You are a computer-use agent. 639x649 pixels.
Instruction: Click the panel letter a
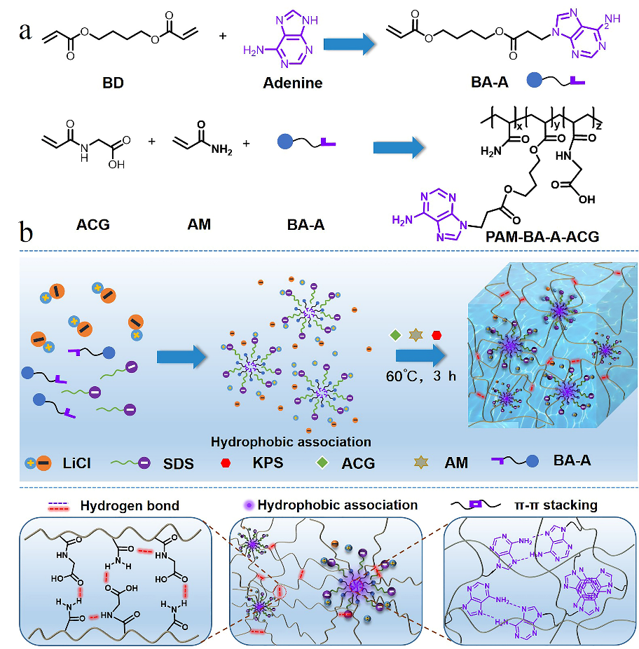pyautogui.click(x=26, y=32)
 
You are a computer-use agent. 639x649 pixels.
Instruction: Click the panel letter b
pyautogui.click(x=27, y=231)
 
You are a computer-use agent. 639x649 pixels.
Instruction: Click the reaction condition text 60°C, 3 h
pyautogui.click(x=420, y=376)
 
